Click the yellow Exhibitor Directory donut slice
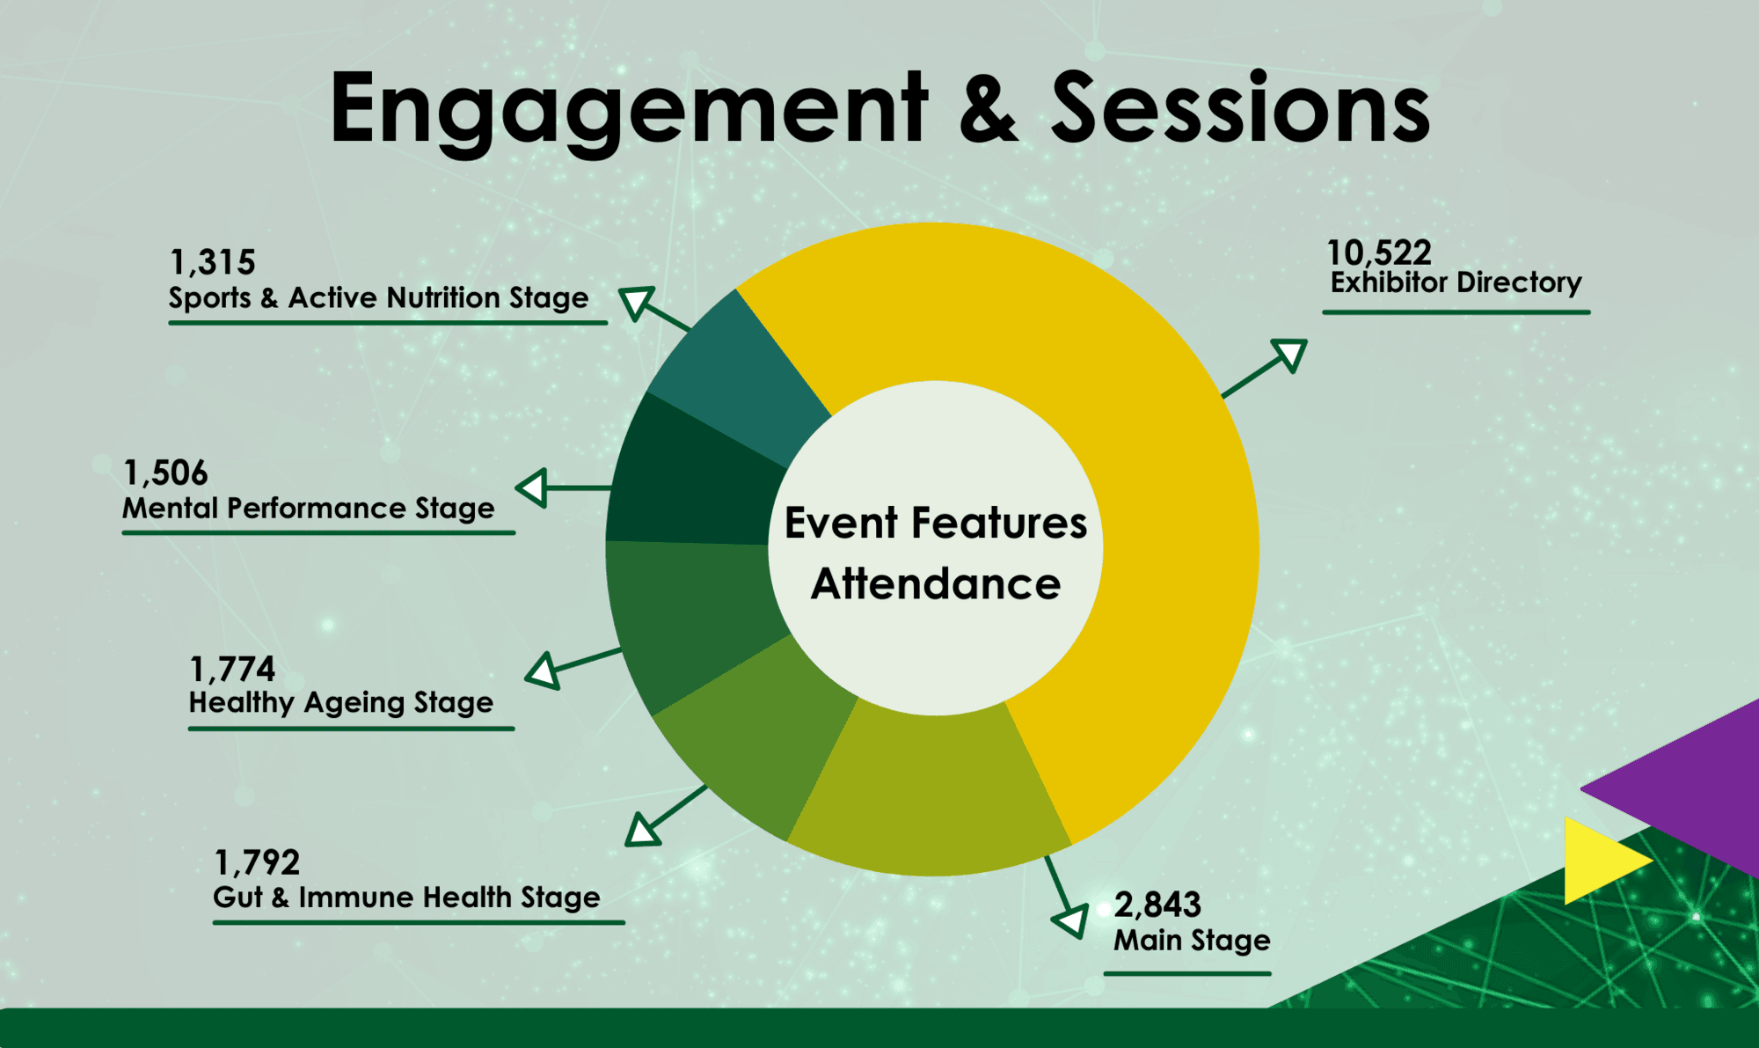tap(1143, 493)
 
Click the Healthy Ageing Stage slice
tap(695, 616)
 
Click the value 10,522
tap(1379, 253)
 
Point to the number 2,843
tap(1157, 905)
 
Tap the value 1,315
tap(212, 262)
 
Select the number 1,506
tap(165, 473)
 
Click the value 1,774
tap(232, 670)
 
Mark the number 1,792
tap(257, 862)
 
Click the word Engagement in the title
tap(629, 110)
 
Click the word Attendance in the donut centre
tap(936, 583)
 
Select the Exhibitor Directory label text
tap(1456, 282)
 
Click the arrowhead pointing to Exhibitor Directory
tap(1290, 355)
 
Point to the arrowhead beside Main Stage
tap(1072, 920)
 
